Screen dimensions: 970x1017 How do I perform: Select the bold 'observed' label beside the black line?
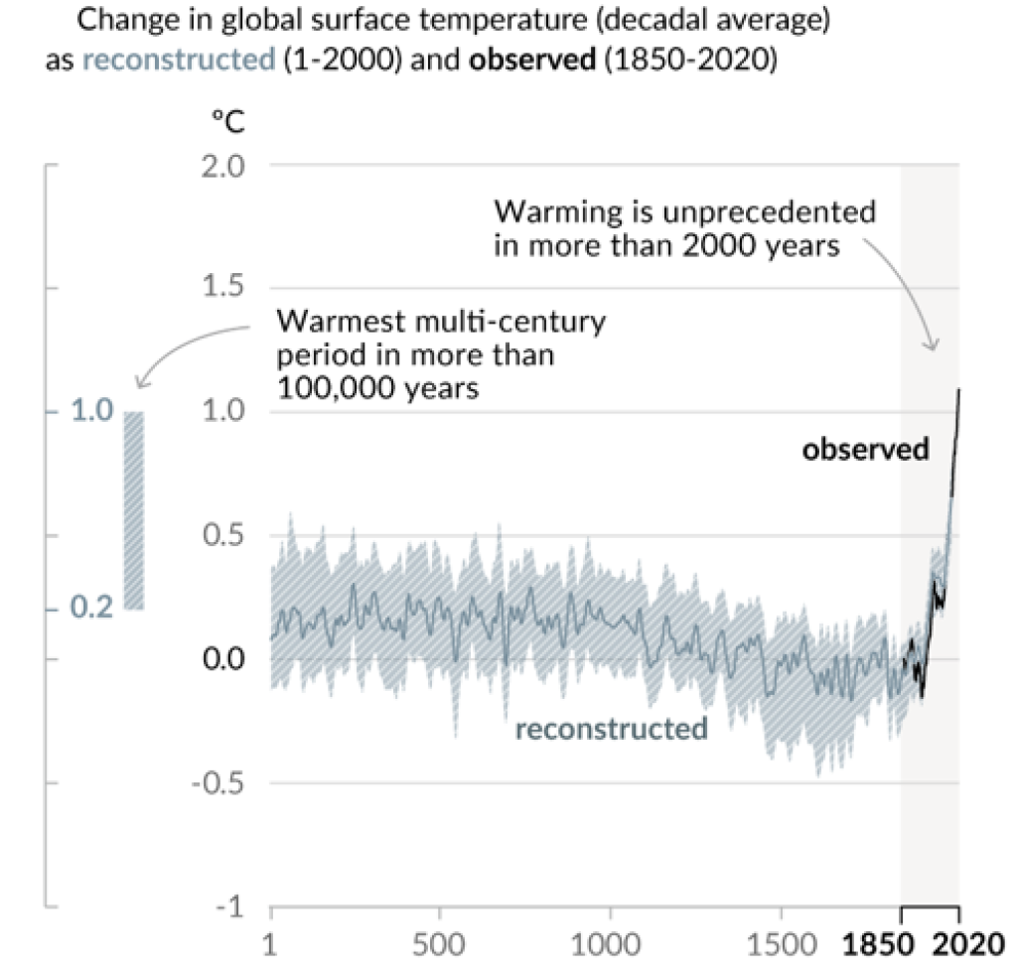pyautogui.click(x=866, y=449)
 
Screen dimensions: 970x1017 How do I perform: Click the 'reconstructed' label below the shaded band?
pyautogui.click(x=611, y=729)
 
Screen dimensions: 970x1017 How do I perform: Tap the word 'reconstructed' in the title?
pyautogui.click(x=178, y=60)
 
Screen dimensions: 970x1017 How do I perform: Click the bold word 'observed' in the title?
pyautogui.click(x=529, y=60)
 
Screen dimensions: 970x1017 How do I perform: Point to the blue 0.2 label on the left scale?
pyautogui.click(x=90, y=608)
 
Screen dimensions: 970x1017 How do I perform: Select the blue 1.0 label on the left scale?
pyautogui.click(x=90, y=412)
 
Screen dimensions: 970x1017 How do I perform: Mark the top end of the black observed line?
pyautogui.click(x=959, y=389)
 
